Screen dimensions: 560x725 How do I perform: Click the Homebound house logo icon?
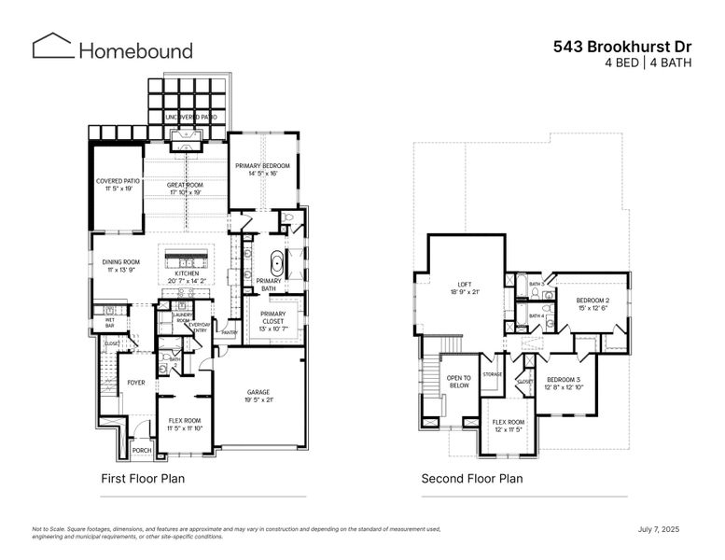[52, 47]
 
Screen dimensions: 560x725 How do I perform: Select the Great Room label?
[185, 186]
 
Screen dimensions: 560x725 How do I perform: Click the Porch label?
[141, 451]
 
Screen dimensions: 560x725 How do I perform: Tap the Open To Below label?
[458, 381]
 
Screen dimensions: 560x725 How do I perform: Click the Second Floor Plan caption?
[471, 479]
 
